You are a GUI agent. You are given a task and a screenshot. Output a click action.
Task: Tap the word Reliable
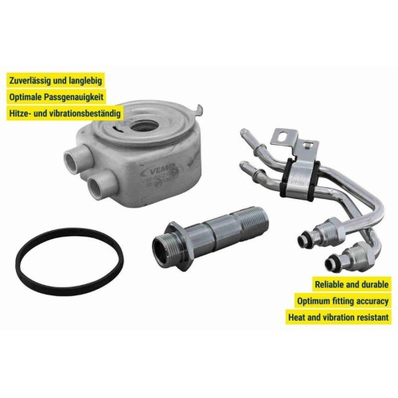click(x=330, y=285)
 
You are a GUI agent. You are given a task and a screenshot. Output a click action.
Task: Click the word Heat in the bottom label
click(x=296, y=318)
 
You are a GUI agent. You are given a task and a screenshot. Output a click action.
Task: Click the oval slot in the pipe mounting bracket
click(x=283, y=137)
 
